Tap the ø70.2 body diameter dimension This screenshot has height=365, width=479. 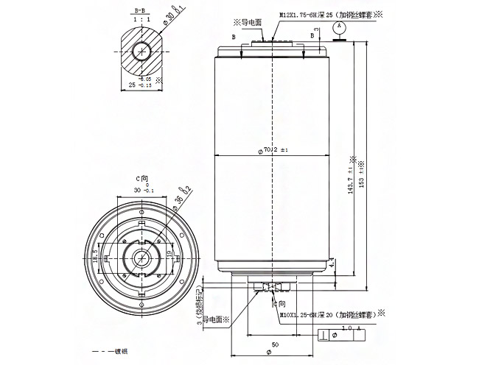coord(272,151)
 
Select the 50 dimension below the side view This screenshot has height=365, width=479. coord(274,344)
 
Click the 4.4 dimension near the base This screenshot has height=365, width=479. coord(332,262)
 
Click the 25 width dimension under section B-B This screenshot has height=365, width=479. coord(140,85)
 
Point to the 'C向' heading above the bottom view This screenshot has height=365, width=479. coord(142,179)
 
